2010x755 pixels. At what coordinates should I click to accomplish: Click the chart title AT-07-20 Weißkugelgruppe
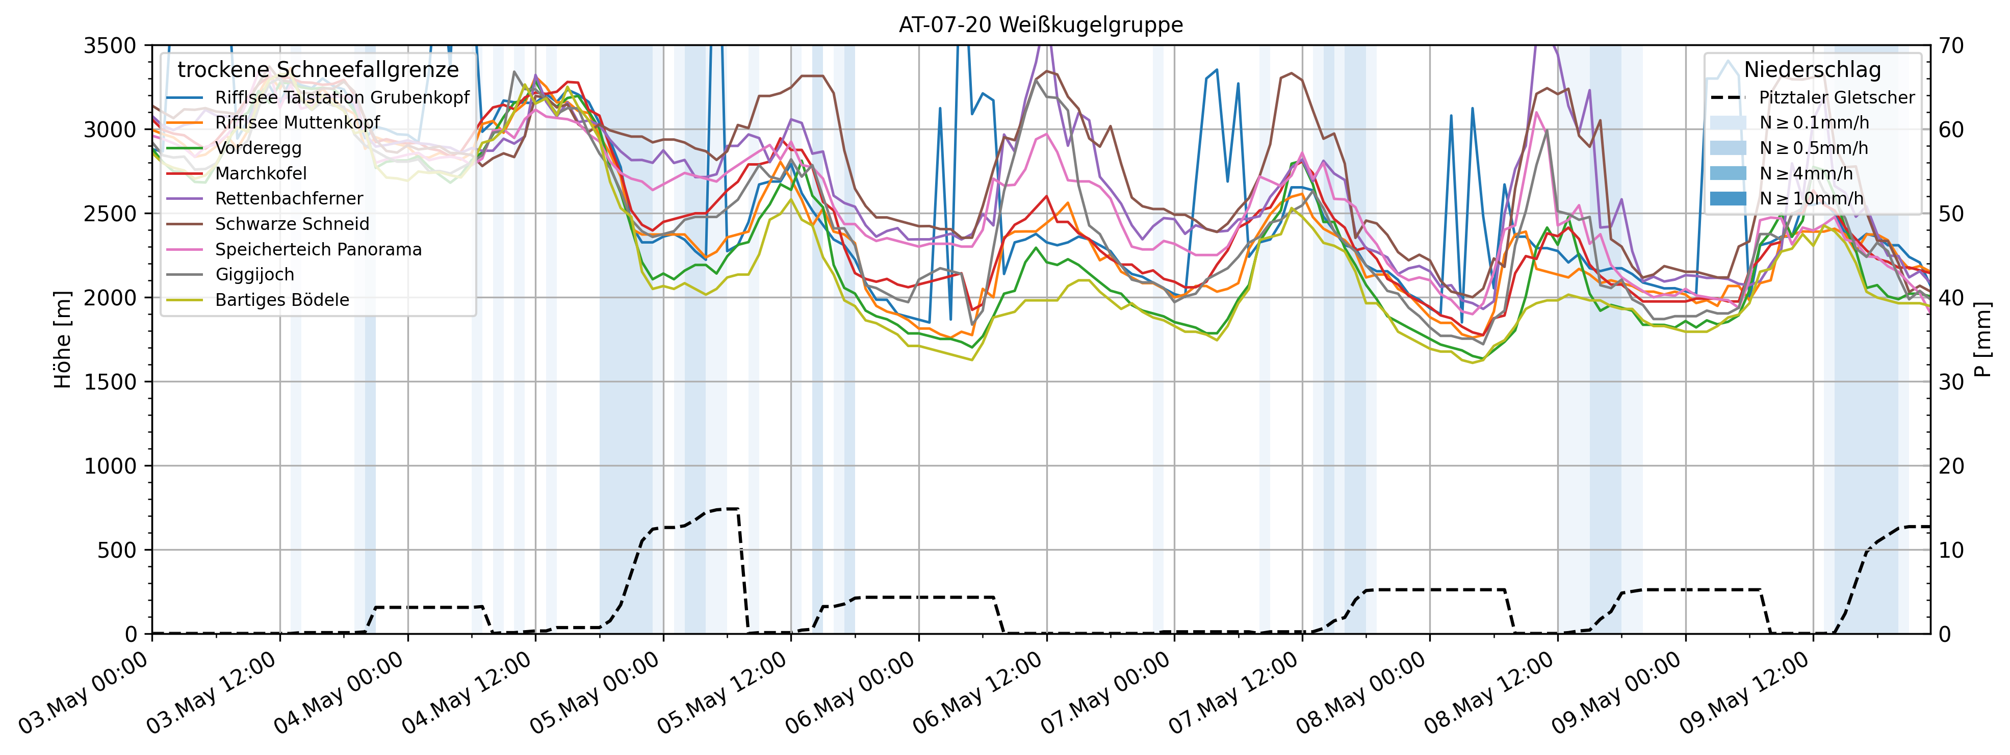point(1040,25)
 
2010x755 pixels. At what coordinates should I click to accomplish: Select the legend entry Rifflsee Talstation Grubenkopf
point(342,97)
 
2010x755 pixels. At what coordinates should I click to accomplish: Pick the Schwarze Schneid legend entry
point(292,224)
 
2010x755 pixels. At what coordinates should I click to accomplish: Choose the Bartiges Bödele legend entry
point(281,300)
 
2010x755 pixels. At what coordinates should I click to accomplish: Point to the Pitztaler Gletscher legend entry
point(1836,97)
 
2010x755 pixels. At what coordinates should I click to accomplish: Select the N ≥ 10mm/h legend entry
point(1811,199)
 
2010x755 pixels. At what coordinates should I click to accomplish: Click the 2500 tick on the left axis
point(109,214)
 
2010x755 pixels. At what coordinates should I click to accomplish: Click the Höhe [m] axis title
point(62,340)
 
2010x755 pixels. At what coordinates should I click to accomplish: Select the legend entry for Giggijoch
point(254,275)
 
